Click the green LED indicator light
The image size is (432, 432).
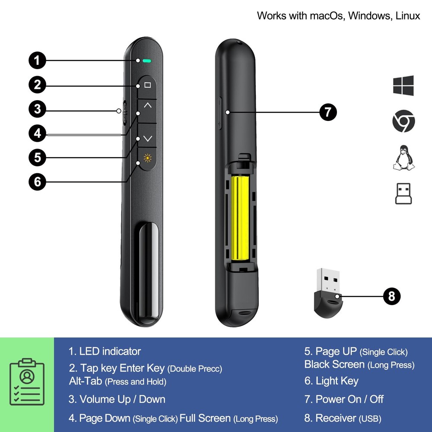146,61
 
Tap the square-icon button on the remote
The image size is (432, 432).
148,85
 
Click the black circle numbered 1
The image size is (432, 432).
38,60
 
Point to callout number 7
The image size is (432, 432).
328,112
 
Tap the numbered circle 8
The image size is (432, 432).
392,296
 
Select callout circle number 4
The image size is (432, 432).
38,133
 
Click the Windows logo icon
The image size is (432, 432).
403,86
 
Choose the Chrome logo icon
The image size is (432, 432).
403,121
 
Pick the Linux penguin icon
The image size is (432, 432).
403,158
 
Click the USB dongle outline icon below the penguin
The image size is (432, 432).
403,193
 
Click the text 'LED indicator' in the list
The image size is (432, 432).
110,351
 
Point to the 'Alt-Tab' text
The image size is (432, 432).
86,381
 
